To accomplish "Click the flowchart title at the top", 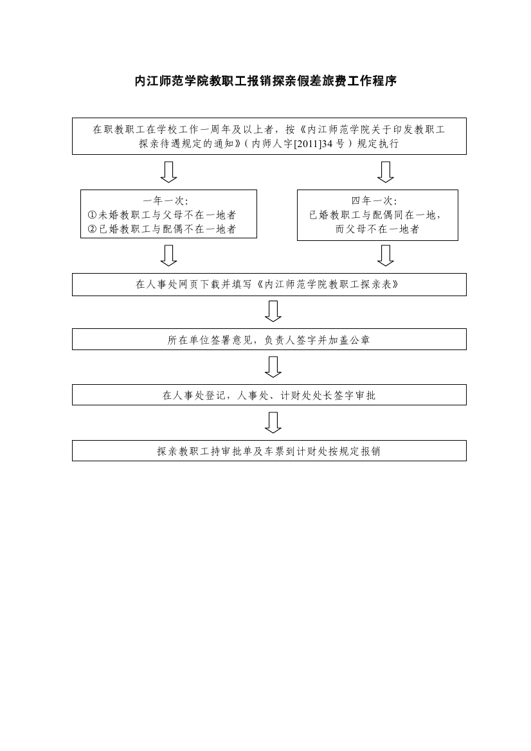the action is pyautogui.click(x=265, y=81).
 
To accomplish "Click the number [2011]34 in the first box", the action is pyautogui.click(x=313, y=144).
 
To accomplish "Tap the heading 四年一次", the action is pyautogui.click(x=374, y=200).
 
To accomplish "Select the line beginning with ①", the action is pyautogui.click(x=162, y=215).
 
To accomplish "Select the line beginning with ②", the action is pyautogui.click(x=162, y=229).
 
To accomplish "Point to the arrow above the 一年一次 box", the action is pyautogui.click(x=168, y=172).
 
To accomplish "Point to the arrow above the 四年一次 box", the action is pyautogui.click(x=385, y=172).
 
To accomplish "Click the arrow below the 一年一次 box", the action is pyautogui.click(x=168, y=255).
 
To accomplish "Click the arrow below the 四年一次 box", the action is pyautogui.click(x=385, y=255).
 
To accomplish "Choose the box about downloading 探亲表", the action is pyautogui.click(x=269, y=285).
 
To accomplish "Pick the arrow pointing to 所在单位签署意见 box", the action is pyautogui.click(x=273, y=312).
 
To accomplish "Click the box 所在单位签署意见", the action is pyautogui.click(x=269, y=339).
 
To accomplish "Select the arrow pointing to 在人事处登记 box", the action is pyautogui.click(x=273, y=367).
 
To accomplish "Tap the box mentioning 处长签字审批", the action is pyautogui.click(x=269, y=394).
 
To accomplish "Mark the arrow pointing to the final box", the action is pyautogui.click(x=273, y=423).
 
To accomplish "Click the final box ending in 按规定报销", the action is pyautogui.click(x=269, y=451).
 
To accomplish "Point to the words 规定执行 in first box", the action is pyautogui.click(x=377, y=144).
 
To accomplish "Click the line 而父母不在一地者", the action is pyautogui.click(x=377, y=229).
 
